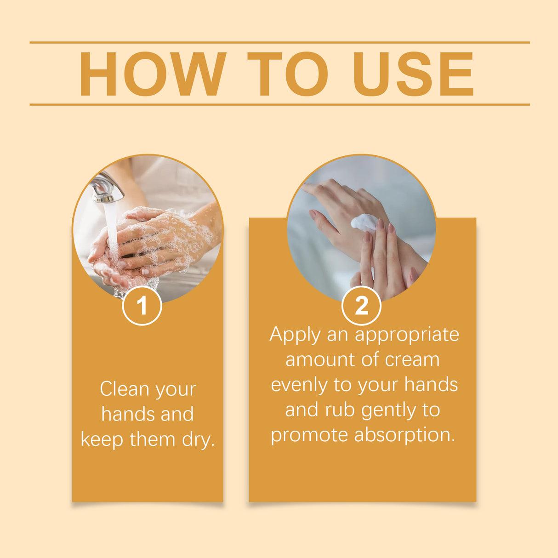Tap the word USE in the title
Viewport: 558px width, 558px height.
click(413, 74)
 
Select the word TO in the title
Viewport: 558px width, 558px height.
click(288, 74)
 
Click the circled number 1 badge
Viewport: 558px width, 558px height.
click(142, 306)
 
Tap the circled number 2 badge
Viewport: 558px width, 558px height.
click(362, 306)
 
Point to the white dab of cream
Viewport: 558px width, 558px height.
click(364, 222)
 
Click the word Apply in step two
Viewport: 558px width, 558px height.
click(295, 335)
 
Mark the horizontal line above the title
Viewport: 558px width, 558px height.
click(279, 42)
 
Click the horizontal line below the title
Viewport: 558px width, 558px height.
click(279, 104)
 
